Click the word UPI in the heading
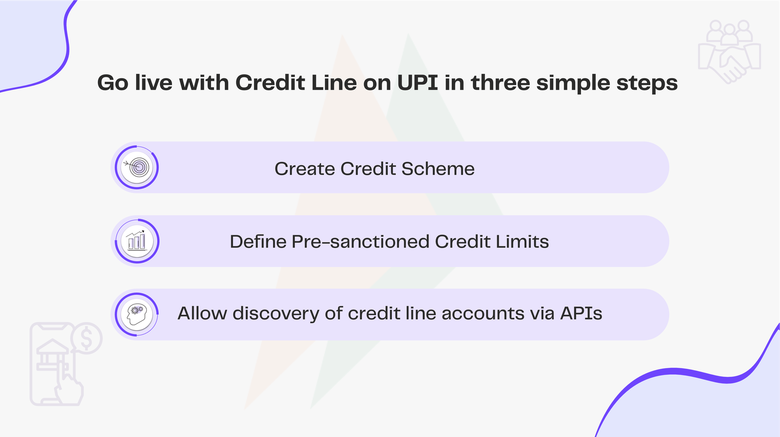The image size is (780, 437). coord(417,83)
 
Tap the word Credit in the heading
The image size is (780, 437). coord(270,83)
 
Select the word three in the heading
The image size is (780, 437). coord(501,83)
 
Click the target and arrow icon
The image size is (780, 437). coord(137,167)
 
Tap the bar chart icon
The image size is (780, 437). coord(137,241)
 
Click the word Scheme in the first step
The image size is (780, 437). coord(438,169)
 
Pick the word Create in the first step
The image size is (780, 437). coord(305,169)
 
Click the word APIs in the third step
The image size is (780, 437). coord(581,313)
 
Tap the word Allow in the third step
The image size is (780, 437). coord(202,313)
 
